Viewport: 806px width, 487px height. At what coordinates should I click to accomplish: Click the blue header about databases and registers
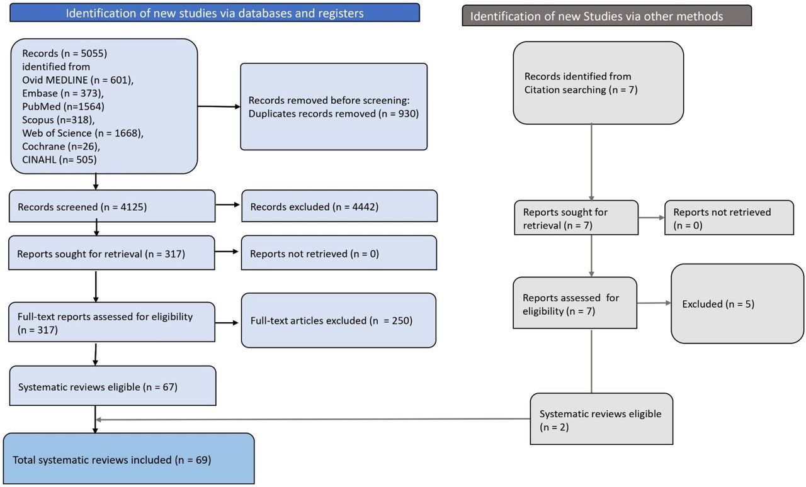(x=215, y=13)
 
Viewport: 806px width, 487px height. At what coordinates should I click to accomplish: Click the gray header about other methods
(x=606, y=16)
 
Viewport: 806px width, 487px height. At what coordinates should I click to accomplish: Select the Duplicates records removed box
(x=334, y=106)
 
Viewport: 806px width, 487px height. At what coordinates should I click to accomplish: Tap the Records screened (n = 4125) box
(x=112, y=206)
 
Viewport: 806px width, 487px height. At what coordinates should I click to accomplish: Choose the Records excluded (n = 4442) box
(x=339, y=206)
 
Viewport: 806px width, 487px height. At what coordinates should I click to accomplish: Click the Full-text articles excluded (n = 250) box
(x=339, y=320)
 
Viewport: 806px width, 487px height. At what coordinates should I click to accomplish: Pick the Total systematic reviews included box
(x=129, y=459)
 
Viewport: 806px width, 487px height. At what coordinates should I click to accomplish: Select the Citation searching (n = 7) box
(x=598, y=83)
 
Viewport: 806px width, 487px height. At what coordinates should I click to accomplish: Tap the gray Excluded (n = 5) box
(x=737, y=303)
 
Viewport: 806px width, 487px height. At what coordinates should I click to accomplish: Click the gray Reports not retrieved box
(x=729, y=218)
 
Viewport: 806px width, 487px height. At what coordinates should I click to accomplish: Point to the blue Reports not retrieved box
(x=339, y=253)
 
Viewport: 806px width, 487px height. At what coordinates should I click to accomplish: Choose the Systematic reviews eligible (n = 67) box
(x=113, y=386)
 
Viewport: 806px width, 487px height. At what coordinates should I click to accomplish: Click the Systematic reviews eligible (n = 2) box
(x=601, y=419)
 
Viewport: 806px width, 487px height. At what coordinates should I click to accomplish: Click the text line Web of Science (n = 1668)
(x=82, y=133)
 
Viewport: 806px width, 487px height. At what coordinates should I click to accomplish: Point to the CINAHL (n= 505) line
(x=59, y=160)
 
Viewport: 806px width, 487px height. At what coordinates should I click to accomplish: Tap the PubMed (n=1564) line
(x=64, y=106)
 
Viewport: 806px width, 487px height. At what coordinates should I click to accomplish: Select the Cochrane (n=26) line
(x=61, y=147)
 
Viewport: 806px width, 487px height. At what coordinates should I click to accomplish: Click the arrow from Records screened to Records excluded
(x=228, y=204)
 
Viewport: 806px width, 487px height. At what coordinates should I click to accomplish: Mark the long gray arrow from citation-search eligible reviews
(x=313, y=420)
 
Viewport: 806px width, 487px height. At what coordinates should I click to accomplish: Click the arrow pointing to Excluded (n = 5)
(x=654, y=303)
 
